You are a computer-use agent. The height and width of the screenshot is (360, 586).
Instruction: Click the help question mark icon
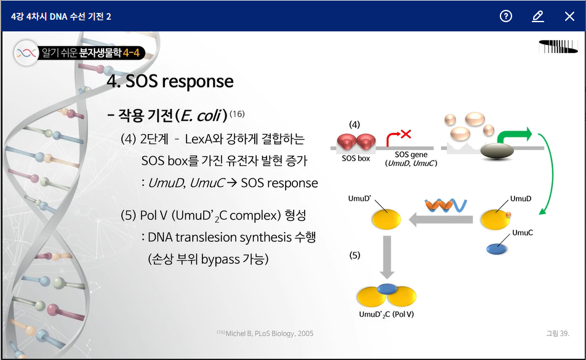pos(506,17)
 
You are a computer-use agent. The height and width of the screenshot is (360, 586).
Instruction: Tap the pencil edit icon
pos(538,17)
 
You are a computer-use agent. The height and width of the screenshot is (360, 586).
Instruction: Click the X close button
pos(569,17)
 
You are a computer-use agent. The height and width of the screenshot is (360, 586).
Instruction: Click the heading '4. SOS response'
pos(170,81)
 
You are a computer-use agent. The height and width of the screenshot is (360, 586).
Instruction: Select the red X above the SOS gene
pos(406,133)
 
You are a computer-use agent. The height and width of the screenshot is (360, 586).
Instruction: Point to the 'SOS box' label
pos(356,158)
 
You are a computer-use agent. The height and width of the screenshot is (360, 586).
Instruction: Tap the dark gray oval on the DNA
pos(498,151)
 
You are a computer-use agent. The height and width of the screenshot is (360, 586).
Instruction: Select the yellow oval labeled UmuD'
pos(386,219)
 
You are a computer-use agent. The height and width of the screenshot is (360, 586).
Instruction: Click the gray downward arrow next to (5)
pos(386,257)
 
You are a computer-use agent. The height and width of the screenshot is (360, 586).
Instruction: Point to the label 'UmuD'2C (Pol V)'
pos(387,314)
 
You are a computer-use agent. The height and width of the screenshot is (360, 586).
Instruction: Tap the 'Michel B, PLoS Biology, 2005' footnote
pos(265,334)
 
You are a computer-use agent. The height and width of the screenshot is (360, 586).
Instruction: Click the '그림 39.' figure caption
pos(558,334)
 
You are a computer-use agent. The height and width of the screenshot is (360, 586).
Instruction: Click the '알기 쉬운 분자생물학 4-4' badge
pos(80,53)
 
